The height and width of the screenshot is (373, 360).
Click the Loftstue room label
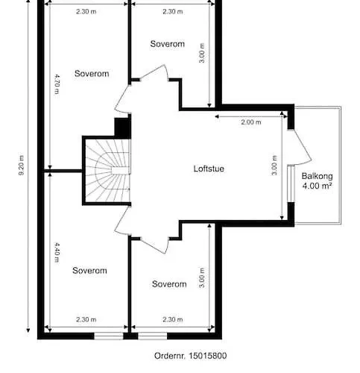click(209, 169)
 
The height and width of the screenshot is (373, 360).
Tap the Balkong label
click(317, 176)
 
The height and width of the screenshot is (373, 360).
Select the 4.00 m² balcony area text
click(317, 186)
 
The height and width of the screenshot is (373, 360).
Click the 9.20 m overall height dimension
click(22, 166)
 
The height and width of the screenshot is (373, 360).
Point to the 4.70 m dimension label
click(57, 84)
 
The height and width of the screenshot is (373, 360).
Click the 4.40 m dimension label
click(57, 252)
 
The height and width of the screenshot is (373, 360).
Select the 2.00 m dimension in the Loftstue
click(251, 122)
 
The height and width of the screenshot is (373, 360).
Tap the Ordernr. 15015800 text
click(190, 356)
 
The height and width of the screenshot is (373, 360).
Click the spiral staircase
click(107, 171)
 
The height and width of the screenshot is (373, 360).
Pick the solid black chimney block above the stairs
click(122, 128)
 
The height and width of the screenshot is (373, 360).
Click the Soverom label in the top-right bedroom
click(168, 44)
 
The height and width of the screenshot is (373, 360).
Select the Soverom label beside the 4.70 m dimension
click(92, 73)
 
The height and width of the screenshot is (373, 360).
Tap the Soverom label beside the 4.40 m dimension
click(89, 270)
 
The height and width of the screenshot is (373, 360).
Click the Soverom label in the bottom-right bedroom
click(169, 283)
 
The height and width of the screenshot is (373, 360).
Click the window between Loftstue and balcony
click(291, 184)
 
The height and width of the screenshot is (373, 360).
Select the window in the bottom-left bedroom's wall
click(109, 336)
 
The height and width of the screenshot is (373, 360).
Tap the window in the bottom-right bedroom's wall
click(152, 336)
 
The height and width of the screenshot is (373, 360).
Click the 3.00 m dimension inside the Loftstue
click(274, 166)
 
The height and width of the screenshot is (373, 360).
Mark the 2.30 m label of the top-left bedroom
click(86, 11)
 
